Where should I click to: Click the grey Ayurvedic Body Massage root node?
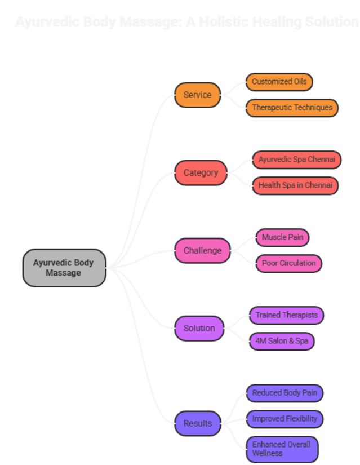[x=64, y=268]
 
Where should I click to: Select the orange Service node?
[x=197, y=95]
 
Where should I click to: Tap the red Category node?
[x=201, y=172]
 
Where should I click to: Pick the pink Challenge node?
[x=202, y=250]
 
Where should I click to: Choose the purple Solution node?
[x=199, y=328]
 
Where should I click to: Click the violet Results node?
[x=198, y=423]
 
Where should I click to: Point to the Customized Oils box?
[x=279, y=82]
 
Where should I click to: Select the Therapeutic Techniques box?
[x=292, y=108]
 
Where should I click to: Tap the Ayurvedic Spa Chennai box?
[x=296, y=160]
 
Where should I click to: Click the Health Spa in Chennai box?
[x=295, y=185]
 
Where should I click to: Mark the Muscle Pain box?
[x=282, y=237]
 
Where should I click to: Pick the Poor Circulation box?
[x=288, y=263]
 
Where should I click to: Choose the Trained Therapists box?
[x=287, y=315]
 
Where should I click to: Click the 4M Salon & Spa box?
[x=281, y=341]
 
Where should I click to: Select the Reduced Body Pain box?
[x=285, y=393]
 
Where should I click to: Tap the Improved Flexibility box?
[x=285, y=419]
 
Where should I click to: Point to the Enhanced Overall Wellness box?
[x=282, y=449]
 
